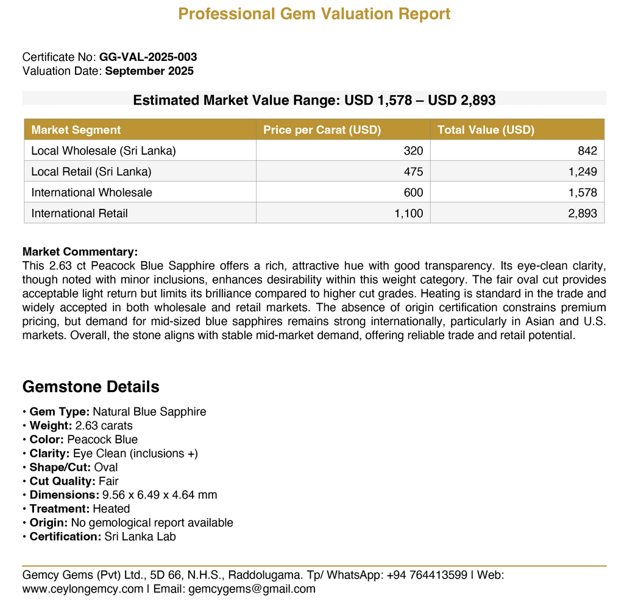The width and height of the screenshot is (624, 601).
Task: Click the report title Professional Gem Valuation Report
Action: click(314, 13)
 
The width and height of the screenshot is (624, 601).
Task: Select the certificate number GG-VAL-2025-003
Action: click(148, 57)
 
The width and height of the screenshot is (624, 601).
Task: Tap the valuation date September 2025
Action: click(149, 71)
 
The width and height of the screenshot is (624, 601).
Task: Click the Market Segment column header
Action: click(76, 130)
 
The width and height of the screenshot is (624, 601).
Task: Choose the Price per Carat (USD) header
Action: click(322, 130)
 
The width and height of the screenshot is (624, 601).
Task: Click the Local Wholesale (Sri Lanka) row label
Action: click(104, 150)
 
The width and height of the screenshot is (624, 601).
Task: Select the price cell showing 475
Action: click(413, 172)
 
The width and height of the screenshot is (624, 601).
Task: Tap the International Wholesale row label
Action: click(92, 192)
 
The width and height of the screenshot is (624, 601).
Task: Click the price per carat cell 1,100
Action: click(409, 213)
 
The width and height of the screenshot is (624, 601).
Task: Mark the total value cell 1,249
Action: click(583, 172)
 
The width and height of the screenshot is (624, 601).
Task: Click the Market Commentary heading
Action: click(80, 251)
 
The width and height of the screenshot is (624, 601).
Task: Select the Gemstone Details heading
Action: click(91, 387)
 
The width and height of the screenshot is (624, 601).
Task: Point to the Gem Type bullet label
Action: click(59, 412)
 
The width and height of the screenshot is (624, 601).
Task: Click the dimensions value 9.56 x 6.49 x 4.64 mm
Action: click(160, 495)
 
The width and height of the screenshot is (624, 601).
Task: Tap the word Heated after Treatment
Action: click(111, 508)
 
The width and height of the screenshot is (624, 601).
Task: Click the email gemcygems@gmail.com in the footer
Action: click(252, 589)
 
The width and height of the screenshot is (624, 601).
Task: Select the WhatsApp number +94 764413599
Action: click(427, 575)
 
